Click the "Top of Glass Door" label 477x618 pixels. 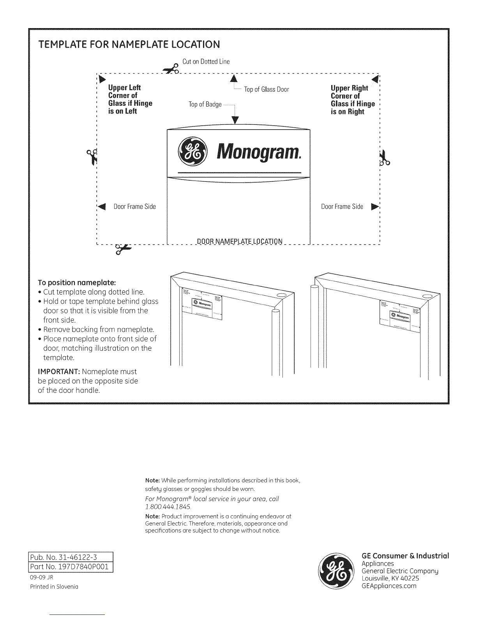pos(267,89)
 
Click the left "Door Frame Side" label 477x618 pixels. pos(134,206)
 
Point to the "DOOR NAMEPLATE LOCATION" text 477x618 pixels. pos(240,241)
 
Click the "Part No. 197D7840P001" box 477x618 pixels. pos(71,566)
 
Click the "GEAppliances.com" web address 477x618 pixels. pos(389,586)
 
